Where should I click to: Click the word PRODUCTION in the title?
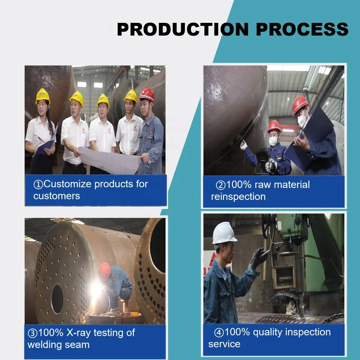click(183, 29)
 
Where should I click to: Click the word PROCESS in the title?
click(302, 29)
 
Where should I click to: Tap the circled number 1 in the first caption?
click(38, 184)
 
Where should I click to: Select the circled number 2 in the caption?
click(220, 185)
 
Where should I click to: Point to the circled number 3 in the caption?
click(32, 333)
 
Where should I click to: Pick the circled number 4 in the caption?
click(219, 333)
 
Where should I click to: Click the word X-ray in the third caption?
click(78, 333)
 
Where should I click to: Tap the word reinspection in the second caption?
click(238, 197)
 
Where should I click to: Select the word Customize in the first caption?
click(67, 184)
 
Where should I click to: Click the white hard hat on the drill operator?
click(224, 233)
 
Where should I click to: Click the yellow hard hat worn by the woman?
click(43, 96)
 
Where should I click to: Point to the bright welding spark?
click(96, 290)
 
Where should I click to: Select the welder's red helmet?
click(105, 271)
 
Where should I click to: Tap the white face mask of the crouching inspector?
click(273, 141)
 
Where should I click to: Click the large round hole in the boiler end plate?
click(57, 299)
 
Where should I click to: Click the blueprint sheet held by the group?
click(110, 160)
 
